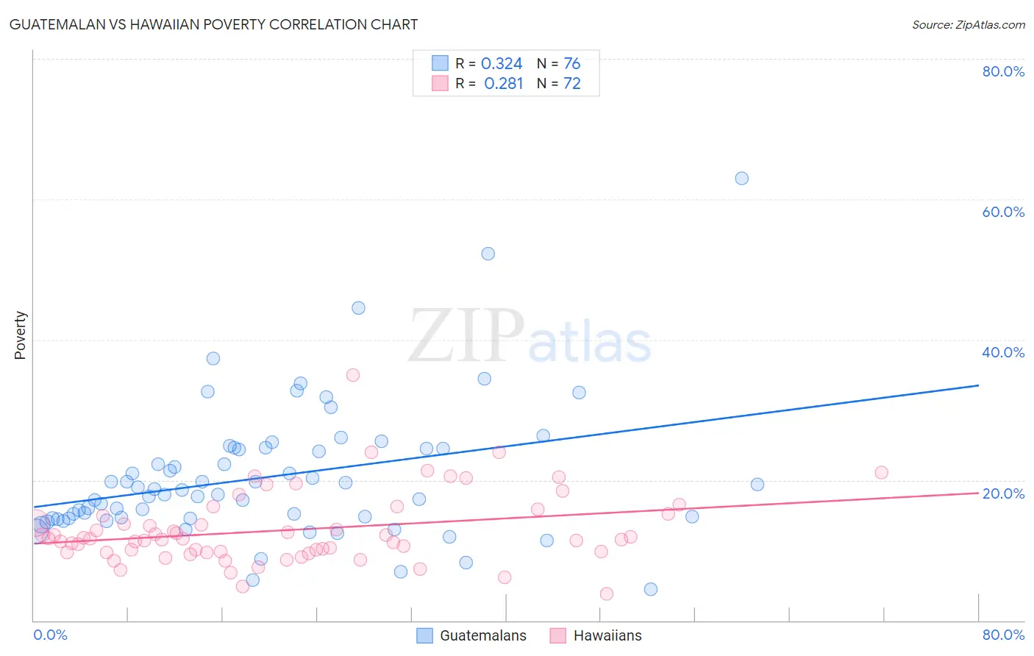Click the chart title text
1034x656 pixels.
214,24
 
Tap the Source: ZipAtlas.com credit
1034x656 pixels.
968,25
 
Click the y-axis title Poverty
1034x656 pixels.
20,335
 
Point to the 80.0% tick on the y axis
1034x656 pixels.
1003,71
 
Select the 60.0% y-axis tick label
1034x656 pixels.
1003,212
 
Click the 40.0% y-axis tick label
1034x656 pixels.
1003,352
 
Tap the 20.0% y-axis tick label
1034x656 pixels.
1003,493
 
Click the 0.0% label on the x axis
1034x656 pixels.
50,635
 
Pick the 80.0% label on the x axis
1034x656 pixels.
1003,635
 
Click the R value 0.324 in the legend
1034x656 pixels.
502,64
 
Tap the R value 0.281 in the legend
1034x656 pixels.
503,84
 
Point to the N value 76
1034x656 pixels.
571,64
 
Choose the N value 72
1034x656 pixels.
571,84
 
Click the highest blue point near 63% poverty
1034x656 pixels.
741,178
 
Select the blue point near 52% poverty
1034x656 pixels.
488,254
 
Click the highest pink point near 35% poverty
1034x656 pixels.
353,375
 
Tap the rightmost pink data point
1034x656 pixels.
881,472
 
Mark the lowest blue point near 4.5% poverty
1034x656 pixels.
651,589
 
